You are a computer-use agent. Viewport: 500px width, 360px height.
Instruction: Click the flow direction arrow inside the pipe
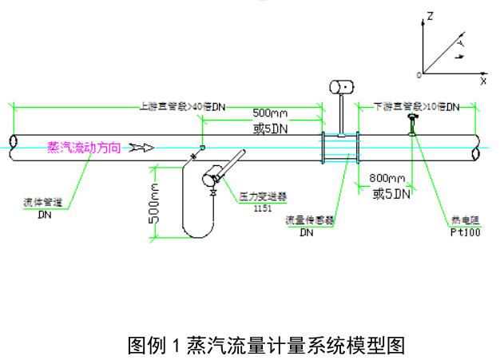tap(141, 148)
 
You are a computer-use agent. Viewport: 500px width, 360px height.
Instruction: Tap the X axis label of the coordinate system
tap(483, 81)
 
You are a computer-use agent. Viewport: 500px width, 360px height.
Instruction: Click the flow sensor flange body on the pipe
tap(339, 148)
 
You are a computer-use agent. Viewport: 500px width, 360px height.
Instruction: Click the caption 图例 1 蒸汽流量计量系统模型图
tap(267, 346)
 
